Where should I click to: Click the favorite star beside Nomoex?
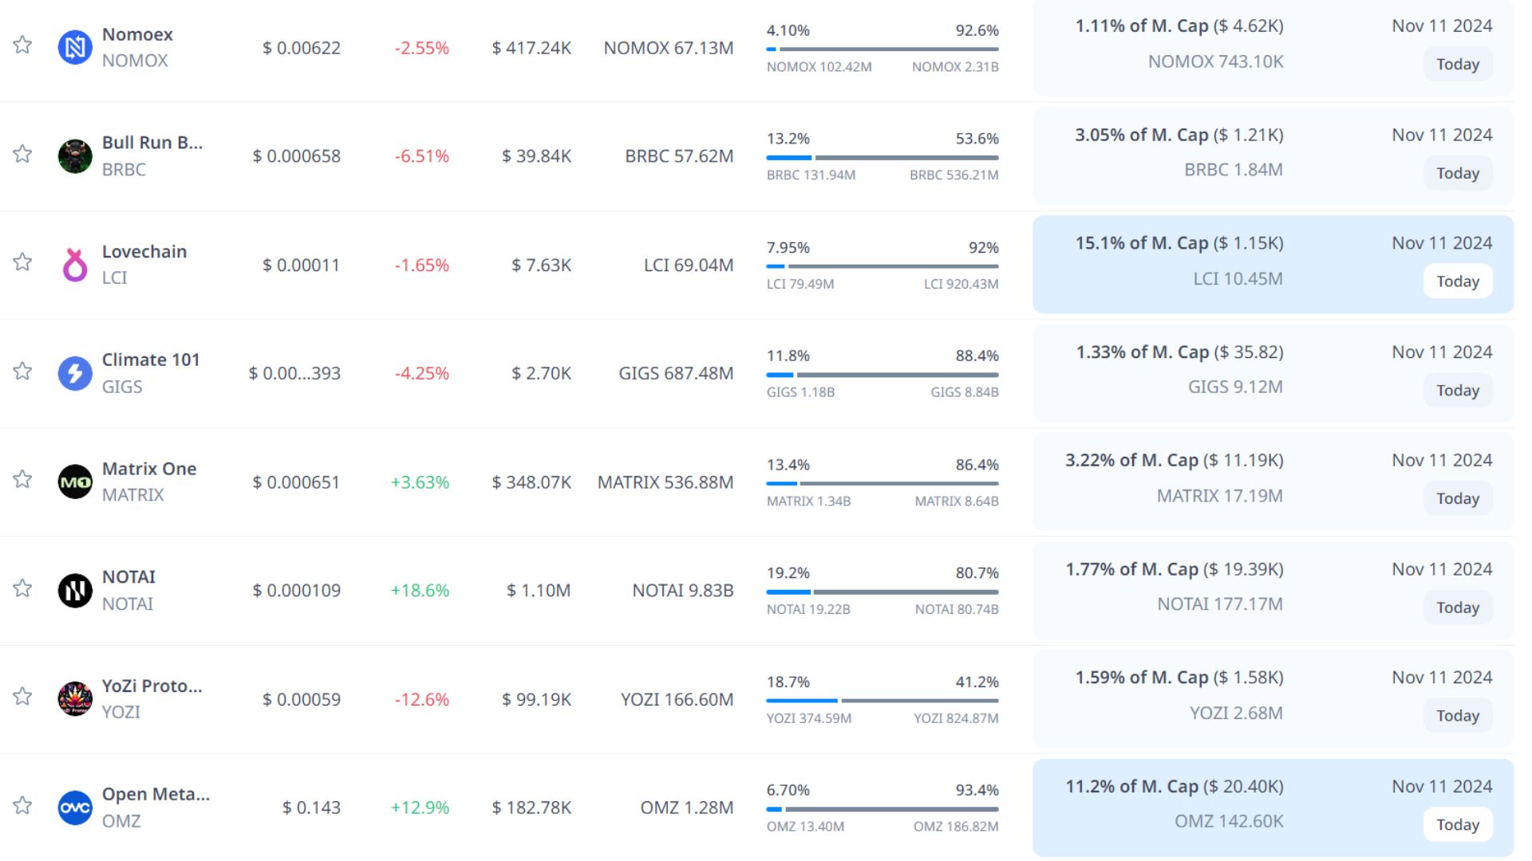point(22,45)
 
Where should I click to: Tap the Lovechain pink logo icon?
point(75,265)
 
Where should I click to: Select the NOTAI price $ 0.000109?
point(296,591)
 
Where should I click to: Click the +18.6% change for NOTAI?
point(420,591)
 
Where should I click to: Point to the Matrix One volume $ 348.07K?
point(531,482)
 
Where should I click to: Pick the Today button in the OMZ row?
point(1457,824)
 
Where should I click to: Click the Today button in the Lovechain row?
point(1457,281)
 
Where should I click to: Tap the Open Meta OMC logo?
point(75,808)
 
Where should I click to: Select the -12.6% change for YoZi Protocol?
point(421,699)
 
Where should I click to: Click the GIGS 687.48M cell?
point(676,373)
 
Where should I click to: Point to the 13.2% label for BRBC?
point(788,139)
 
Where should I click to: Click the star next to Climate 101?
point(22,371)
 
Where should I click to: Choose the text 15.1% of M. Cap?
point(1141,243)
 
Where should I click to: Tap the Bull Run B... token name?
point(152,143)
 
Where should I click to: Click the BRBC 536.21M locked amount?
point(954,175)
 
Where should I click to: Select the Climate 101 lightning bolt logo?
point(75,373)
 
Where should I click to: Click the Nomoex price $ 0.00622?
point(302,48)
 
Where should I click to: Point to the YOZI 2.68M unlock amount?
point(1236,713)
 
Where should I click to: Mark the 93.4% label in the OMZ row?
point(977,790)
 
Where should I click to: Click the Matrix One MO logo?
point(75,482)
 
